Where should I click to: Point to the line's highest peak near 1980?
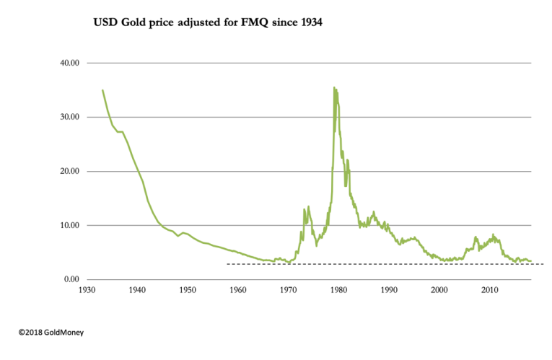tap(333, 88)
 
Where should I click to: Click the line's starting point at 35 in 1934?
tap(102, 90)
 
